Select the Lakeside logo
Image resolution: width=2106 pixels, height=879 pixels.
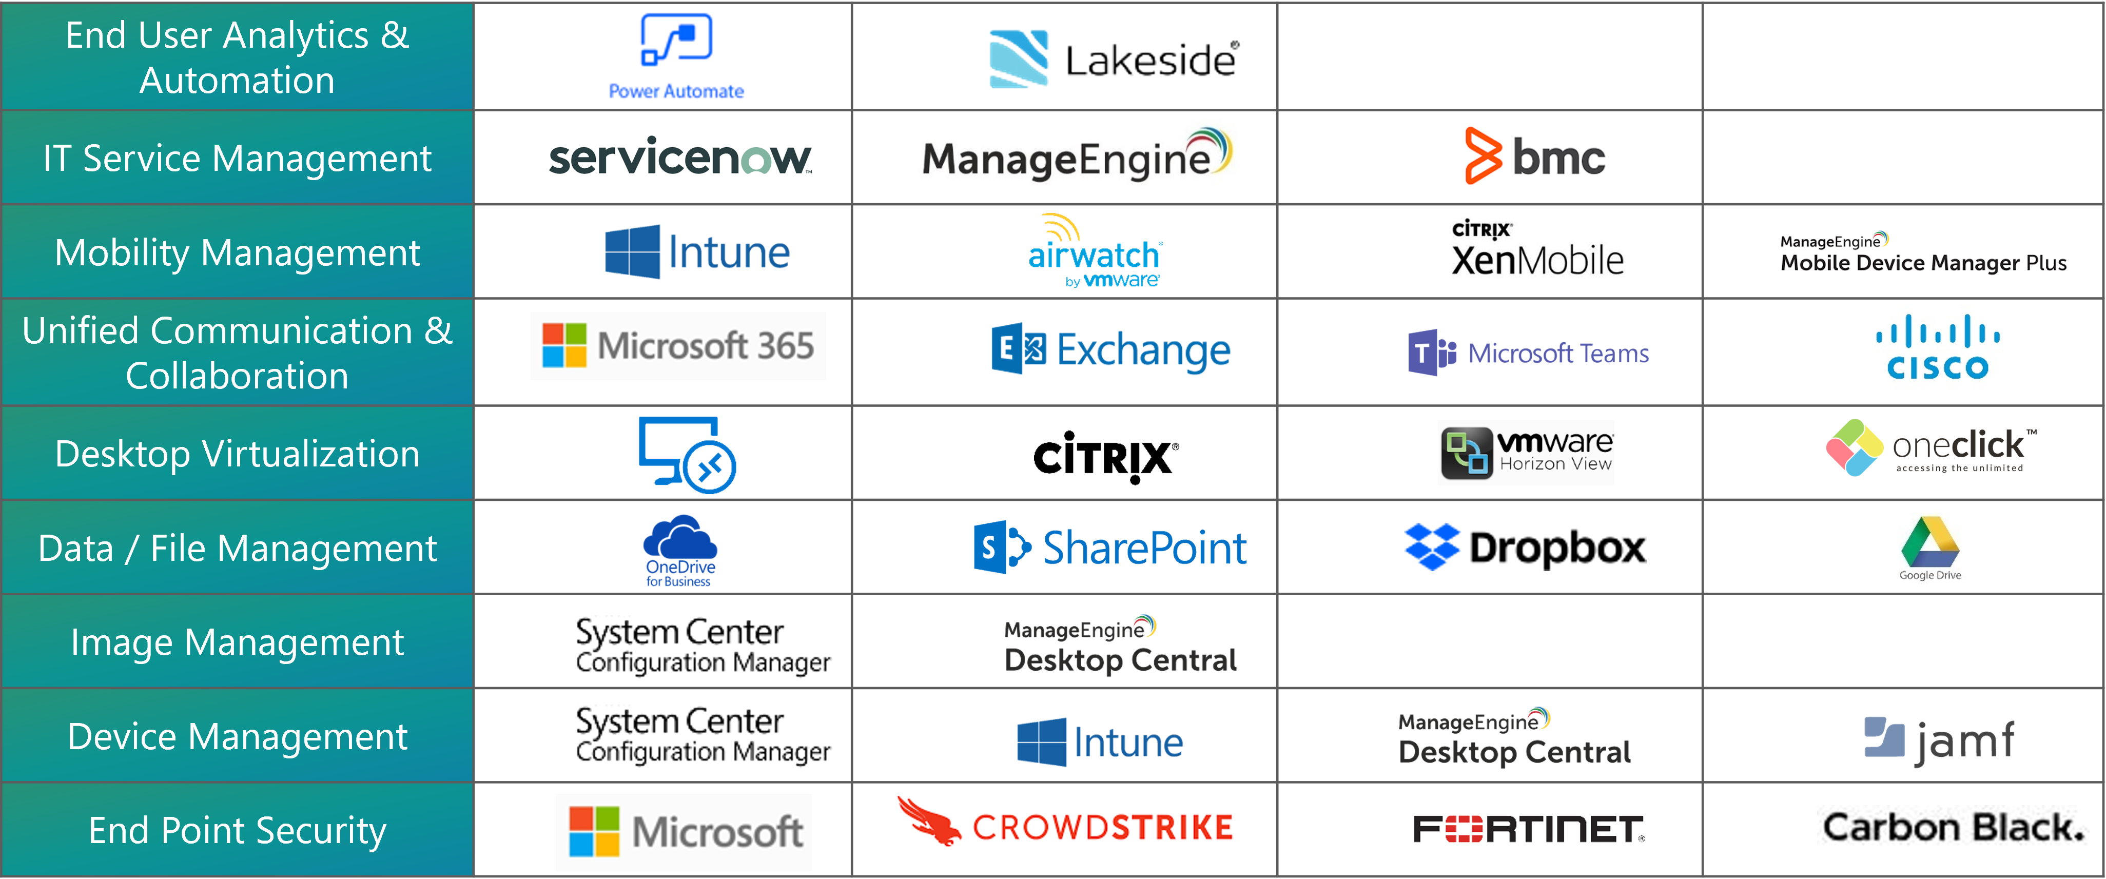click(x=1114, y=59)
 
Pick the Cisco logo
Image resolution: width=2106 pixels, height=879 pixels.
click(x=1937, y=347)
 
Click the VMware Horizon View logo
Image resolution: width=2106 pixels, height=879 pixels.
click(x=1526, y=452)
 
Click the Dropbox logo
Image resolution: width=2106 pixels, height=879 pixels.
click(x=1525, y=547)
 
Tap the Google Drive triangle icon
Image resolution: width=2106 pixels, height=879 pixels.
click(x=1930, y=541)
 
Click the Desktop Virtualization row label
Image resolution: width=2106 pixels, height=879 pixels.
click(x=237, y=454)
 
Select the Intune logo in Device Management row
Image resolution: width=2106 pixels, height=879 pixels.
click(x=1100, y=741)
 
